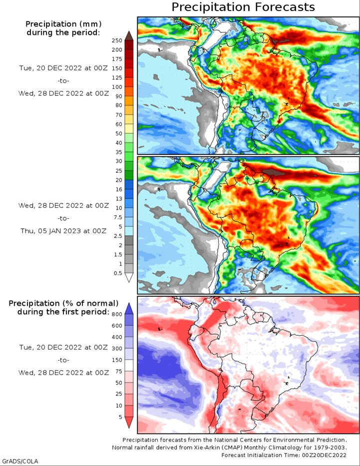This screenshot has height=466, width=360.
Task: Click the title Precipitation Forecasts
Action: (x=243, y=7)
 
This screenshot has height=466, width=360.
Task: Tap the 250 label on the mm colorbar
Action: (x=117, y=41)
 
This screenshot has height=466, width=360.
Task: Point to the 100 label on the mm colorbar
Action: (x=117, y=87)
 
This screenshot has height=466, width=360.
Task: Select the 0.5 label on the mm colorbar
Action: (x=118, y=273)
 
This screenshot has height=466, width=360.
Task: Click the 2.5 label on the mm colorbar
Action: (x=118, y=236)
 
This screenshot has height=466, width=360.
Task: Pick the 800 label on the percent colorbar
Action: (x=117, y=315)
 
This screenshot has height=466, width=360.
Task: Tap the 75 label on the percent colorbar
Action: (x=119, y=371)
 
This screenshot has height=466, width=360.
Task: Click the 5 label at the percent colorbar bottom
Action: (x=120, y=417)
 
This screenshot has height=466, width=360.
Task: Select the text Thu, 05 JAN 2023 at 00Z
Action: (x=63, y=231)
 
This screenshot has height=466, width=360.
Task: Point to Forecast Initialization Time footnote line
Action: (x=284, y=455)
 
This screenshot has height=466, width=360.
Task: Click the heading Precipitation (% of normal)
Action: (x=63, y=303)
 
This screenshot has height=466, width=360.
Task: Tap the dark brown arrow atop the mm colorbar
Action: (x=129, y=35)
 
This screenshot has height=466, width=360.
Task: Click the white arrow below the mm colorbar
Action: (x=129, y=278)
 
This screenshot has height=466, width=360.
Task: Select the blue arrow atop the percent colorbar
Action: (x=129, y=308)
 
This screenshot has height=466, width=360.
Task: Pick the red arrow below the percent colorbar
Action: (x=129, y=423)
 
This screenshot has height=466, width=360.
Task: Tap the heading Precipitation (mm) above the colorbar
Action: (x=63, y=24)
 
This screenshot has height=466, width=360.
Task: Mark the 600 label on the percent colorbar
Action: (x=117, y=326)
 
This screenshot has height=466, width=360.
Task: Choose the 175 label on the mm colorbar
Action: (x=117, y=59)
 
